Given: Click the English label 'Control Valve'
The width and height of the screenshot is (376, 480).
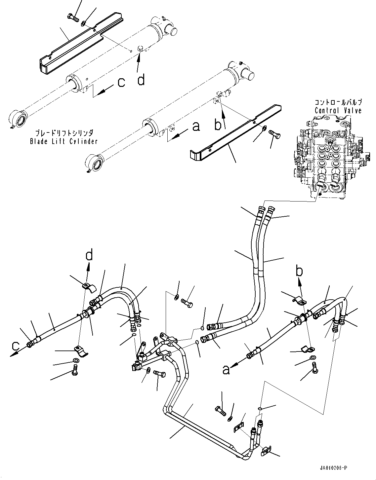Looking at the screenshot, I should pos(338,111).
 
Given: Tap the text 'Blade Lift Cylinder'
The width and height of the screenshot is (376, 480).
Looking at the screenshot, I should pos(63,141).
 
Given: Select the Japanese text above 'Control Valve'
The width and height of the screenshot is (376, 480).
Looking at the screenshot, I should pos(338,102).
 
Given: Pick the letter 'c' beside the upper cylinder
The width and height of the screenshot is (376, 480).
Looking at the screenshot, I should pos(121,83).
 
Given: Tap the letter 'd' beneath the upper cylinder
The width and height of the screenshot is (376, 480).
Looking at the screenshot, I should pos(141,79).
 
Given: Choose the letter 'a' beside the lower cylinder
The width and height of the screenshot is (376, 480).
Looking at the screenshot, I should pos(196,126).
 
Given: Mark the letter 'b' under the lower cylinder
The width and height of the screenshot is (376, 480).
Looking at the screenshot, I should pos(218,126).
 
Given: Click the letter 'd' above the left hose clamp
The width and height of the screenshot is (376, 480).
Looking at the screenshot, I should pos(89,256).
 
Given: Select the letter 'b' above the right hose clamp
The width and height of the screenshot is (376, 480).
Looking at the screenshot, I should pos(299,272).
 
